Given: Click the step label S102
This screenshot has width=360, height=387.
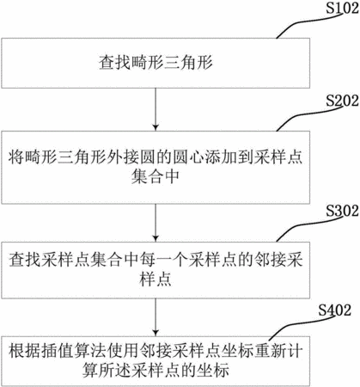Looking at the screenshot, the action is point(342,8).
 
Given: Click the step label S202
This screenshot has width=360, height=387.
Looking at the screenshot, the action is point(342,101).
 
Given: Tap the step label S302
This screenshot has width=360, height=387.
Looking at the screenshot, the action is point(342,211).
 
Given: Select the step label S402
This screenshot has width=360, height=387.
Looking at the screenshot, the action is point(334,310).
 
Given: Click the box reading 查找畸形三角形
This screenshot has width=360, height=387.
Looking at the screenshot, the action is point(156,63).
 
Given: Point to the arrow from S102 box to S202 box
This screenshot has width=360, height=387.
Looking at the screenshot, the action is point(156,109).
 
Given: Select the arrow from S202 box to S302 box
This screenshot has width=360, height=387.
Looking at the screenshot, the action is point(156,223).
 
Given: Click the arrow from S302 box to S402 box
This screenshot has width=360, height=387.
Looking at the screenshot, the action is point(156,317).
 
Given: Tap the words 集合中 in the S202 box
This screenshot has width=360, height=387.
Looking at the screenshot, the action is point(156,177).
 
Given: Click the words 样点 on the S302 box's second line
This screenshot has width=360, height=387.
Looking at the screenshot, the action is point(156,279).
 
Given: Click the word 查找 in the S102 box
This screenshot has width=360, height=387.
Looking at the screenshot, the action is point(115,63).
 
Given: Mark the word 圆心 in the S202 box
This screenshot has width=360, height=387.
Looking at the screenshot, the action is point(188,157).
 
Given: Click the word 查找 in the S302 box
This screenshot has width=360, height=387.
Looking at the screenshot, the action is point(25,260).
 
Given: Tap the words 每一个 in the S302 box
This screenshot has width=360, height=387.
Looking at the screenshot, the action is point(163,260).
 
